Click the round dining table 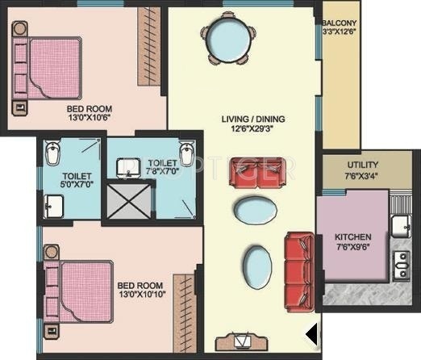pos(228,37)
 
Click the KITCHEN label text pos(353,237)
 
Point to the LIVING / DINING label pos(252,119)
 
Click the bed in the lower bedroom pos(81,284)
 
